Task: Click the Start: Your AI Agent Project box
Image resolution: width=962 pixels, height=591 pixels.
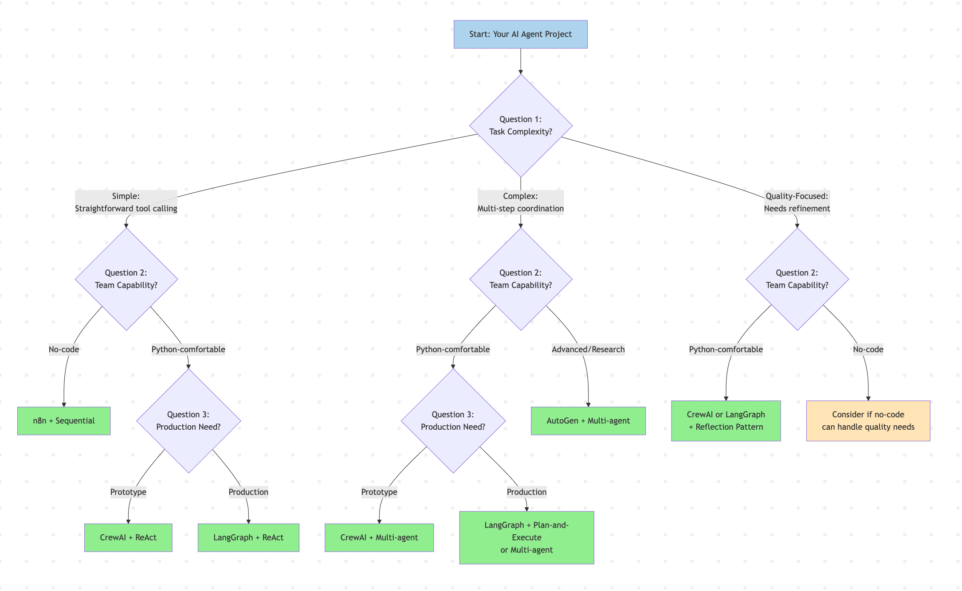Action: pyautogui.click(x=520, y=34)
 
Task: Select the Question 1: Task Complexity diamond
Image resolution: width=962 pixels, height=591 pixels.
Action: pyautogui.click(x=520, y=125)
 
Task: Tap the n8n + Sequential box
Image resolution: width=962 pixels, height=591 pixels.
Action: pyautogui.click(x=64, y=420)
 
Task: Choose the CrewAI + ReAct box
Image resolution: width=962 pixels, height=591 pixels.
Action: pyautogui.click(x=128, y=537)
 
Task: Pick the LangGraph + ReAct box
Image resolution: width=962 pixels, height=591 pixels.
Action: pyautogui.click(x=248, y=537)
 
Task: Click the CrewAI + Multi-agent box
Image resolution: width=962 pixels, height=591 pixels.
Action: pyautogui.click(x=379, y=537)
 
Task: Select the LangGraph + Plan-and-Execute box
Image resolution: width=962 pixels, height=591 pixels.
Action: pyautogui.click(x=526, y=537)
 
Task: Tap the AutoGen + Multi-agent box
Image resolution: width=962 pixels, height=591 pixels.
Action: pyautogui.click(x=588, y=420)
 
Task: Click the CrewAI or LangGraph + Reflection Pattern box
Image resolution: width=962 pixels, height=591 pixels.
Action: pyautogui.click(x=726, y=420)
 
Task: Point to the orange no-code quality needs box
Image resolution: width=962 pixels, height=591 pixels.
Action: pyautogui.click(x=868, y=420)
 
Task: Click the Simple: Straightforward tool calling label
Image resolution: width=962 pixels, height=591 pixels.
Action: pyautogui.click(x=126, y=202)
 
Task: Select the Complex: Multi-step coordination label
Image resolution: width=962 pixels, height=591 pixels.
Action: pyautogui.click(x=520, y=202)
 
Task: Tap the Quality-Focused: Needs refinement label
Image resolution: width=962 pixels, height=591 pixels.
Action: pyautogui.click(x=797, y=202)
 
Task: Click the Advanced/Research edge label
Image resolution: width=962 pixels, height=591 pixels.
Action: pyautogui.click(x=588, y=349)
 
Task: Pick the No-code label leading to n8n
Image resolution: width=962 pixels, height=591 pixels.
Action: pyautogui.click(x=64, y=349)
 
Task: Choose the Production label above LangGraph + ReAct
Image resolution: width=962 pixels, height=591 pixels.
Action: pyautogui.click(x=248, y=492)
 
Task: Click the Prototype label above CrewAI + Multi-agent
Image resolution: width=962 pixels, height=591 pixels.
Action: pyautogui.click(x=379, y=492)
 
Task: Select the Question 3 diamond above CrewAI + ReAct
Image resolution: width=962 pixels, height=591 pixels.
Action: pyautogui.click(x=188, y=420)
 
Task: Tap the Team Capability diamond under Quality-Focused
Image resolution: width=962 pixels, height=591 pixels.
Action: pyautogui.click(x=797, y=279)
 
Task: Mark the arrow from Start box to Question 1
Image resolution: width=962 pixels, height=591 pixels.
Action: pyautogui.click(x=520, y=61)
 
